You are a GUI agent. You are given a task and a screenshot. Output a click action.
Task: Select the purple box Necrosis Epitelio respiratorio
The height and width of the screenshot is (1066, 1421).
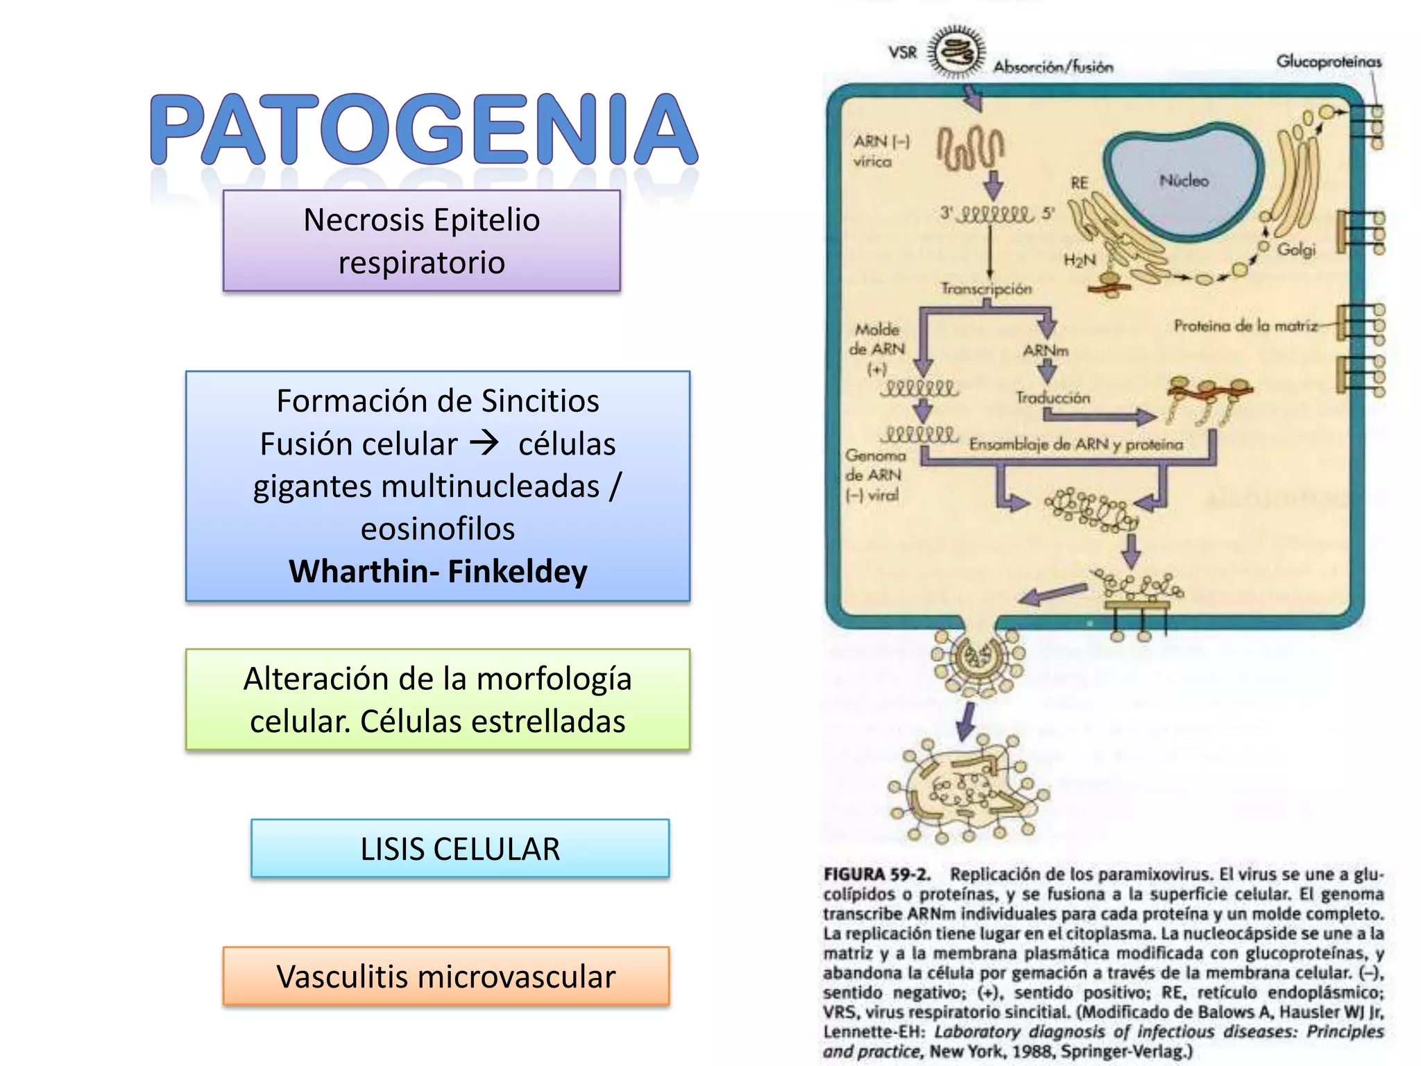[421, 241]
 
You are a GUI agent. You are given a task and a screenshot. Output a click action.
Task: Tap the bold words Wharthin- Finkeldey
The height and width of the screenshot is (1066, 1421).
[438, 571]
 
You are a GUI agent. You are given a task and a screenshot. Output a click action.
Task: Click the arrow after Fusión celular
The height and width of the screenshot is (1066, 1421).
[484, 443]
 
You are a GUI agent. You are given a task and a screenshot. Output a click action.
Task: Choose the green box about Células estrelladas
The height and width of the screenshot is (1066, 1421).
[438, 700]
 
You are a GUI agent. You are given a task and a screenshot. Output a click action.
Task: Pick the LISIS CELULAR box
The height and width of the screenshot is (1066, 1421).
[460, 849]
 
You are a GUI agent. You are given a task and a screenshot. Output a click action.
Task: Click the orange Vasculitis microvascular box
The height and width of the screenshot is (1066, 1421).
[446, 976]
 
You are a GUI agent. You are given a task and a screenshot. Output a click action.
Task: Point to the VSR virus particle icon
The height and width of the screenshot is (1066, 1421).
[957, 51]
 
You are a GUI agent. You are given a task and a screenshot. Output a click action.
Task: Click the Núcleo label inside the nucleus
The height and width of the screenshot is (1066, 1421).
[1184, 180]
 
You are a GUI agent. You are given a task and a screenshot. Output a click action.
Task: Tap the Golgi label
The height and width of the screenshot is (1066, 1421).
[1296, 249]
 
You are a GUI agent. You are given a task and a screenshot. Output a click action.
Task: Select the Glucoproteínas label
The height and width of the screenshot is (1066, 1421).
[1329, 62]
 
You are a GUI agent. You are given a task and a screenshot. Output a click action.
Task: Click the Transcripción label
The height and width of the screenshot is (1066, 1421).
[986, 289]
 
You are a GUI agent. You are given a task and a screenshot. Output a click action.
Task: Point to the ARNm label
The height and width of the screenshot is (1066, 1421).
[1045, 350]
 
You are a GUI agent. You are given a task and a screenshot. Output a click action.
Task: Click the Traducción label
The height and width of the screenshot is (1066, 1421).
[1053, 398]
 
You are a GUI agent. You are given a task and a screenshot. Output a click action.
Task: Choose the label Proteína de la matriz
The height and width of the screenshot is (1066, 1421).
[1245, 325]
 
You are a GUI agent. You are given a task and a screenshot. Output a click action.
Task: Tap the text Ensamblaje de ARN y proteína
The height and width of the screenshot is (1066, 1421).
[1075, 444]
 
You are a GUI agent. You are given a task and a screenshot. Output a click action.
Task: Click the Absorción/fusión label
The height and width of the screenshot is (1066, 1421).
[1053, 67]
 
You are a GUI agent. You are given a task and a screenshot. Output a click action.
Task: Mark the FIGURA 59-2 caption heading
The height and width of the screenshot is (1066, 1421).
[876, 874]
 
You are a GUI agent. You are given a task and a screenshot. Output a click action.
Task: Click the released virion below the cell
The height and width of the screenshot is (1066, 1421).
[968, 791]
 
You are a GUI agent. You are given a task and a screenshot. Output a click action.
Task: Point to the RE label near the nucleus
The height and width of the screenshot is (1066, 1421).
[1079, 183]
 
